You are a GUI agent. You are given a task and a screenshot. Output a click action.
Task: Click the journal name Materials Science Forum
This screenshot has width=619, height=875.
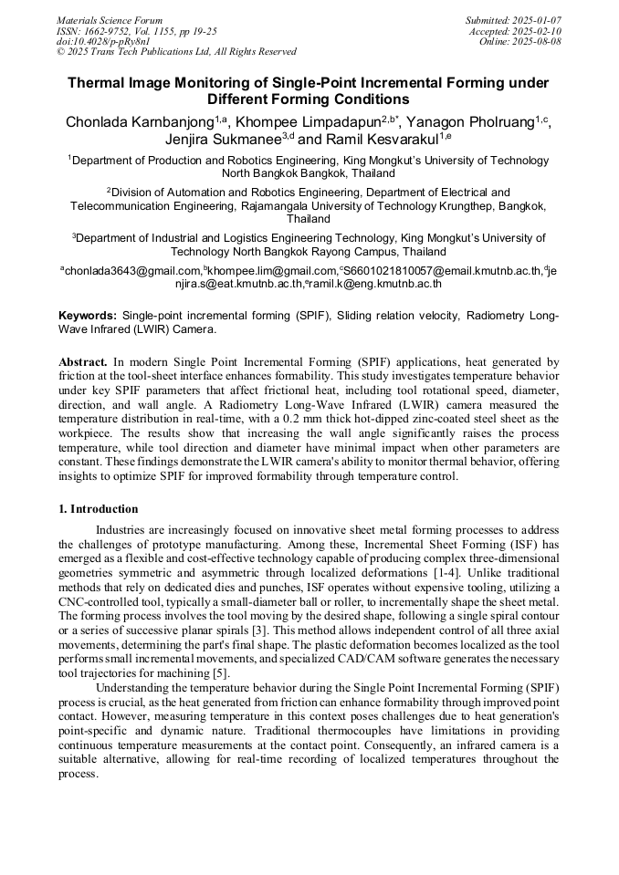tap(110, 20)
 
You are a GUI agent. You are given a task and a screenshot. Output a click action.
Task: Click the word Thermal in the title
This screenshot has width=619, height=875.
tap(100, 83)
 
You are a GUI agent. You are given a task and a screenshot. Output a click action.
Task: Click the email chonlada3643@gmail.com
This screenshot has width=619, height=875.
tap(131, 271)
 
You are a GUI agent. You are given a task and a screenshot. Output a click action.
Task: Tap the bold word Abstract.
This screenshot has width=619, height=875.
tap(84, 362)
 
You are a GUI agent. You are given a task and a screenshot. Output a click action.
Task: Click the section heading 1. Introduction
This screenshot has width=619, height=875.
tap(99, 509)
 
